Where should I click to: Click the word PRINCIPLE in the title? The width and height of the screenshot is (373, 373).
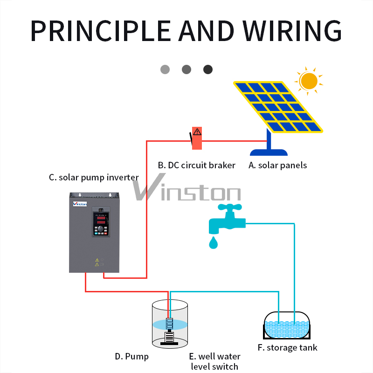coord(100,30)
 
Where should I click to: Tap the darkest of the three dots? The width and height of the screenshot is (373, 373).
coord(208,69)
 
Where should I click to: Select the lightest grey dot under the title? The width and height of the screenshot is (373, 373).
coord(165,69)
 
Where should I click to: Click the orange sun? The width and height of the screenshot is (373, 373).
coord(309,80)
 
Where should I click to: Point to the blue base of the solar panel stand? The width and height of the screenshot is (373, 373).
coord(269,152)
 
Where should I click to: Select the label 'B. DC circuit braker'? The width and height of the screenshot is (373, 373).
coord(196,165)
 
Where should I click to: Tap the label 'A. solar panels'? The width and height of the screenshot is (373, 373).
coord(278,165)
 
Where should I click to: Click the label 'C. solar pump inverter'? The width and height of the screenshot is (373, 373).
coord(94,177)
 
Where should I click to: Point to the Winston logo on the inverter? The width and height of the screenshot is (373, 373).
coord(80,203)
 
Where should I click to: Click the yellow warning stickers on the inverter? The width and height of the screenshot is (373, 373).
coord(97,262)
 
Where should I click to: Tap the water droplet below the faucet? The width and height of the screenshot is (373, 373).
coord(214,243)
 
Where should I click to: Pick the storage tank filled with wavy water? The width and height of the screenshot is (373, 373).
coord(287,325)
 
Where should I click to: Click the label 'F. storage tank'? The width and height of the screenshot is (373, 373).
coord(287,348)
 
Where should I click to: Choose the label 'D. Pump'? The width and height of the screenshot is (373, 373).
coord(132,357)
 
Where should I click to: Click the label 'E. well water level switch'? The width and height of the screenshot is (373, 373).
coord(215,361)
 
